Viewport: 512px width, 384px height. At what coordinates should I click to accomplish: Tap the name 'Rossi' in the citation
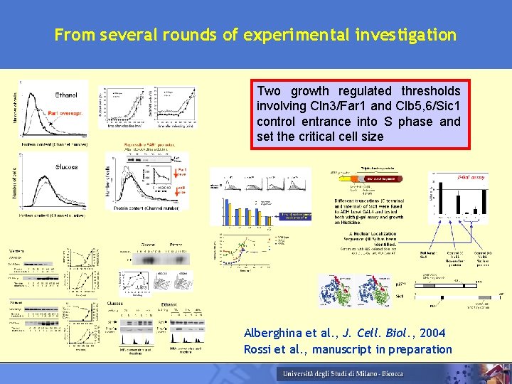click(260, 348)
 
